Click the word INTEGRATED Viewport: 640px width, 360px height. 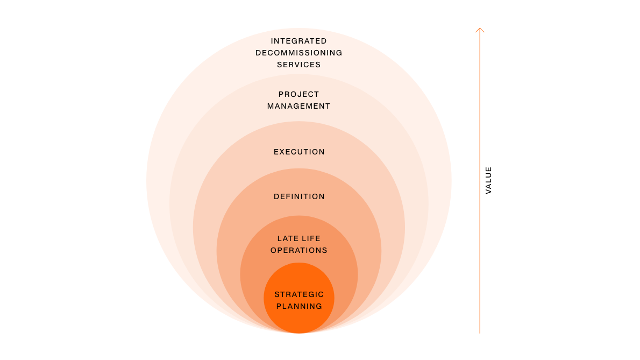tap(299, 41)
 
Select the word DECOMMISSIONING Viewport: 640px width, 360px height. tap(299, 53)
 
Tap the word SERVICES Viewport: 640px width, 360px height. tap(299, 65)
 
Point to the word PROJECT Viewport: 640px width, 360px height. tap(299, 94)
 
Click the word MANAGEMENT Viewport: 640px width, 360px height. tap(299, 106)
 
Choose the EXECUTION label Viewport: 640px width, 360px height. tap(299, 152)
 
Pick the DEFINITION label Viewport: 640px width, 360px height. tap(299, 197)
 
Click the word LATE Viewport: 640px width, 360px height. tap(287, 238)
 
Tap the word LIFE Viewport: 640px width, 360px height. tap(311, 238)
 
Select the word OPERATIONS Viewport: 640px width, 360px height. tap(299, 250)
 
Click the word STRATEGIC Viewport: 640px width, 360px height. tap(299, 294)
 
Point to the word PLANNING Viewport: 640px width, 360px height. tap(299, 306)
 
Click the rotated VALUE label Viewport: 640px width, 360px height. tap(488, 180)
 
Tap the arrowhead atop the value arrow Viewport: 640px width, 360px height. tap(480, 29)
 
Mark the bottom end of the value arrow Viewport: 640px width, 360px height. tap(480, 334)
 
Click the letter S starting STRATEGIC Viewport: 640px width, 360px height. tap(277, 294)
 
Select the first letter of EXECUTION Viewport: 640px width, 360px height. tap(276, 152)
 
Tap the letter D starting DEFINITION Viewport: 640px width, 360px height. tap(276, 197)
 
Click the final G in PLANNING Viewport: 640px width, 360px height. tap(319, 306)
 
